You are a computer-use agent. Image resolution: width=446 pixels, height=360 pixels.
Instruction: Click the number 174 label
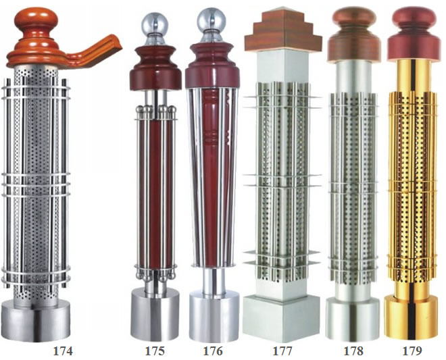(x=63, y=351)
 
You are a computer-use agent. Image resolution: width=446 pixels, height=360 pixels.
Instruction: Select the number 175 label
(x=155, y=351)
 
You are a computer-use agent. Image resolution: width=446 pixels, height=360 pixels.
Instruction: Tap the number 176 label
(x=213, y=351)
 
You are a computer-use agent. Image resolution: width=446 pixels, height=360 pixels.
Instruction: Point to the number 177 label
(x=282, y=351)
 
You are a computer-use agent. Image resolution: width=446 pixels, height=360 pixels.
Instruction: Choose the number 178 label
(x=353, y=351)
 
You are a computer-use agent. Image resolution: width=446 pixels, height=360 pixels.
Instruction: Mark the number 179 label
(x=412, y=351)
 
